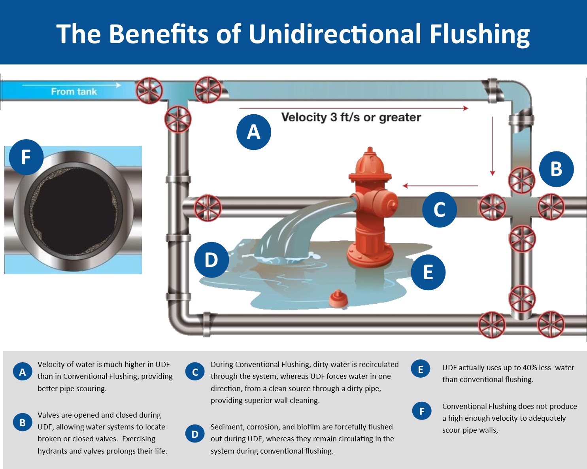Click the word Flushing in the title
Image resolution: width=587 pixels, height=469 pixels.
pyautogui.click(x=479, y=34)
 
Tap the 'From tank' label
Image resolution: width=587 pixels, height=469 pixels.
pyautogui.click(x=74, y=92)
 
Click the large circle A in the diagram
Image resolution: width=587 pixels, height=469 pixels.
pyautogui.click(x=254, y=132)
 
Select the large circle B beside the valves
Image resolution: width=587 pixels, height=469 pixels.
pyautogui.click(x=556, y=169)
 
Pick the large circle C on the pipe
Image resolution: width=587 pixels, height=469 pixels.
pyautogui.click(x=440, y=210)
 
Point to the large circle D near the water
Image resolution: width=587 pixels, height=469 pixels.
pyautogui.click(x=211, y=260)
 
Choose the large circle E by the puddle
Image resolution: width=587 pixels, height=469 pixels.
pyautogui.click(x=428, y=272)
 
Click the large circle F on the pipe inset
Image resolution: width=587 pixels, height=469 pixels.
pyautogui.click(x=26, y=157)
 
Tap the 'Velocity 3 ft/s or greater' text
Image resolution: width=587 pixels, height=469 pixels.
pyautogui.click(x=351, y=117)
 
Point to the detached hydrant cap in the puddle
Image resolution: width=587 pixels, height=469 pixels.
pyautogui.click(x=338, y=299)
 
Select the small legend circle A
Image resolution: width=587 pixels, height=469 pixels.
pyautogui.click(x=23, y=372)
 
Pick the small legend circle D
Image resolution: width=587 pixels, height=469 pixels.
pyautogui.click(x=195, y=434)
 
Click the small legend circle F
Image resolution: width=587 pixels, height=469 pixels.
pyautogui.click(x=422, y=411)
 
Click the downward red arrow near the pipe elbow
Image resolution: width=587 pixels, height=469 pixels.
pyautogui.click(x=493, y=146)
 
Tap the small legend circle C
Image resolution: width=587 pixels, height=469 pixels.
pyautogui.click(x=195, y=372)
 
